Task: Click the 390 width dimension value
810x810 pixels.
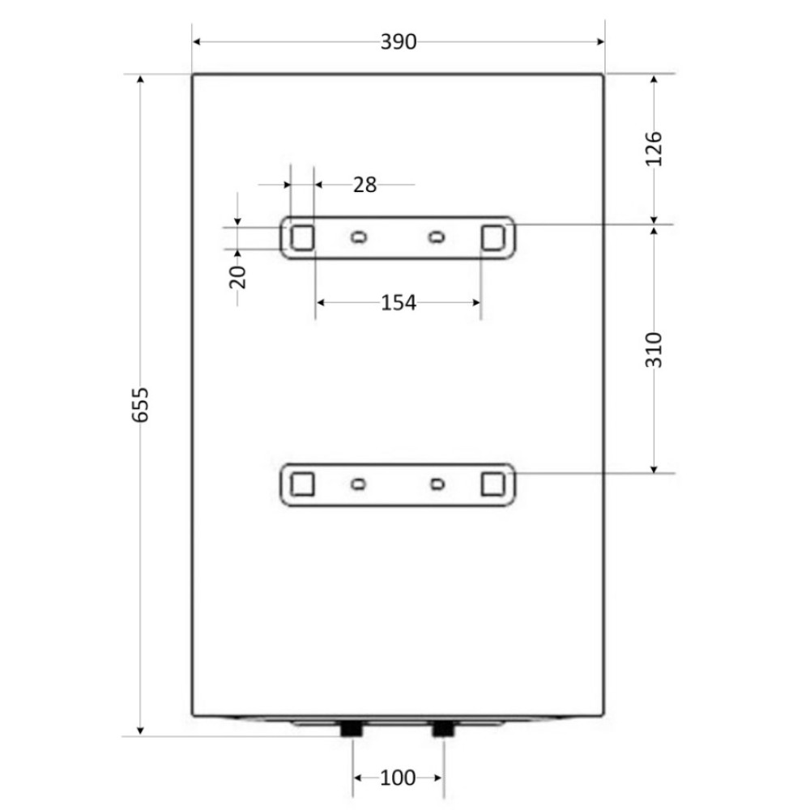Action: (x=399, y=42)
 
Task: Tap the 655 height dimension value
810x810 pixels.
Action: (x=140, y=405)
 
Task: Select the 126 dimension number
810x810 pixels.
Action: (x=654, y=149)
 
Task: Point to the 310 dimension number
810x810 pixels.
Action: (x=654, y=350)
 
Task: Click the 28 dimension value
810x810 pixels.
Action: (x=365, y=185)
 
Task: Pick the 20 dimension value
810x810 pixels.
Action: (x=237, y=277)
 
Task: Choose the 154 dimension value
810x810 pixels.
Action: (x=399, y=303)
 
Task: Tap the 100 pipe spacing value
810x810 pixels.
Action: (x=398, y=778)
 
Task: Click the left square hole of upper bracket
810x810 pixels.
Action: (x=302, y=237)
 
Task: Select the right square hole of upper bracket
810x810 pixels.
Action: (x=492, y=237)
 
